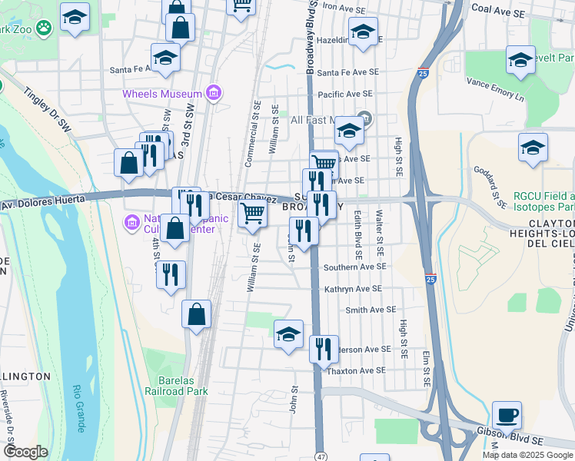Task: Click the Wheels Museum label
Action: click(x=161, y=94)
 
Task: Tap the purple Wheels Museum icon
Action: click(x=214, y=94)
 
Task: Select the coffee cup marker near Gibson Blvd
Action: click(x=507, y=415)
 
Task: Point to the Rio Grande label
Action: click(x=78, y=408)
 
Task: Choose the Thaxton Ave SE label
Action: click(x=357, y=370)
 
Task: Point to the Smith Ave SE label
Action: click(x=371, y=310)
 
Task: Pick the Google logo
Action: click(x=25, y=452)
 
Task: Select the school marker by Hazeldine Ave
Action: click(x=363, y=32)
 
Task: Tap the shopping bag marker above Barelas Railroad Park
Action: click(x=196, y=313)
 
